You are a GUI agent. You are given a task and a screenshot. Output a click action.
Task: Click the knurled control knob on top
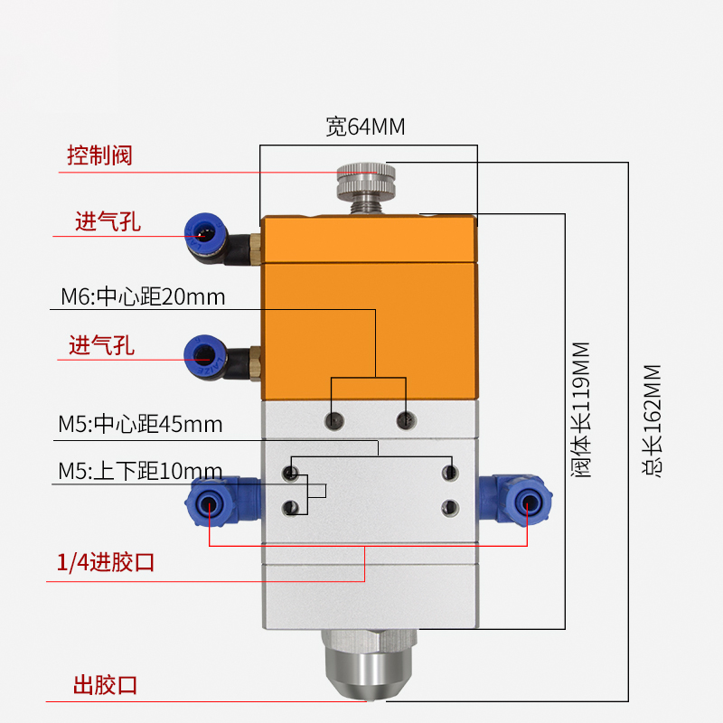366,182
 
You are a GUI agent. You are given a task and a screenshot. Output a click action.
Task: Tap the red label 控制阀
99,155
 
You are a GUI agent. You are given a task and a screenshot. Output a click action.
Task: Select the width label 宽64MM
365,127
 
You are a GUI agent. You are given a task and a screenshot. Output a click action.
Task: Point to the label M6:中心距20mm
143,297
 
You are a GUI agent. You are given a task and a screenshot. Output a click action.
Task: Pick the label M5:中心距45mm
140,424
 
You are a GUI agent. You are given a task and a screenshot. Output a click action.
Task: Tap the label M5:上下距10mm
140,471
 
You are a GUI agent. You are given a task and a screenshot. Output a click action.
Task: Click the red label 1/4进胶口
105,562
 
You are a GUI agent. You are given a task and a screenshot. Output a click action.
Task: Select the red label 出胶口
105,685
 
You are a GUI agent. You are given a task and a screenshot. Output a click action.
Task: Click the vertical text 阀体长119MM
580,410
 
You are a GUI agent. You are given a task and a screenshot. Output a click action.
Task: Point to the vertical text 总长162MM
652,420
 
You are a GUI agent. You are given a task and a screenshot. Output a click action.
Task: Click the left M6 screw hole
333,420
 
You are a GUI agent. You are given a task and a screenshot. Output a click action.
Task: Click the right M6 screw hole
406,420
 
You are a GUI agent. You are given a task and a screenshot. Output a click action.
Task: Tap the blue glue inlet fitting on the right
515,502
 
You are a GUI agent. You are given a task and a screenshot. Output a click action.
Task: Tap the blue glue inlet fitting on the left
222,502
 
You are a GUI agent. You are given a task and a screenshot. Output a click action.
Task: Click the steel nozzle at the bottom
370,664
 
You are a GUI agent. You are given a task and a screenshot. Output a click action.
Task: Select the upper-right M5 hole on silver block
450,473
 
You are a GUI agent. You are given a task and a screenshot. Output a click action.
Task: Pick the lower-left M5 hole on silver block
290,508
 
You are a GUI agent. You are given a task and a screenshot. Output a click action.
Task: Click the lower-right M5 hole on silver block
450,508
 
